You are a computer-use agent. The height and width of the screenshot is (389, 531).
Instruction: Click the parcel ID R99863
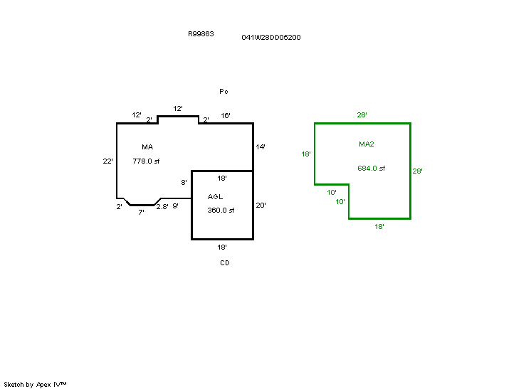[201, 33]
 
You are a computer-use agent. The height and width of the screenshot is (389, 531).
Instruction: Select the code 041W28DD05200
[271, 37]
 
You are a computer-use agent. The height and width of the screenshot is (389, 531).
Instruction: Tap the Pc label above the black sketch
[224, 92]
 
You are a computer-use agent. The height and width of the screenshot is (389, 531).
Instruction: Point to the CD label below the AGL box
[224, 262]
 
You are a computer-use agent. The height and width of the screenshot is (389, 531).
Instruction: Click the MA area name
[147, 146]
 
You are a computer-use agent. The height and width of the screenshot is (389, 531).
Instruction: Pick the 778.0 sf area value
[146, 161]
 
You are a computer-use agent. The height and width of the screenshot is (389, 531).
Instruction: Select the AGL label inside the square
[216, 196]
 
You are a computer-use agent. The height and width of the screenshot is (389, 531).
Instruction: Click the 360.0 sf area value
[221, 210]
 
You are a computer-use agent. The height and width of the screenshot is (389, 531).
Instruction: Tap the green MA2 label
[367, 144]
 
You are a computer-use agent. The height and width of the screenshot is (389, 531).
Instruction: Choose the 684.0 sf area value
[371, 169]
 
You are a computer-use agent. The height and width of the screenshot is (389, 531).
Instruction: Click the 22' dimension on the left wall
[108, 161]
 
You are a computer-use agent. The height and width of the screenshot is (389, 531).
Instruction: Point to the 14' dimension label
[261, 146]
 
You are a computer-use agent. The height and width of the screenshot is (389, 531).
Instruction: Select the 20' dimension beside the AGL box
[261, 205]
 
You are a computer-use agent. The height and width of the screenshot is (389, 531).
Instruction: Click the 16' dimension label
[226, 115]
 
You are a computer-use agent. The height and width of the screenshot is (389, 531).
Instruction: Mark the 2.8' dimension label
[162, 206]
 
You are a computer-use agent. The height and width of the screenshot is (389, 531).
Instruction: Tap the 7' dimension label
[141, 212]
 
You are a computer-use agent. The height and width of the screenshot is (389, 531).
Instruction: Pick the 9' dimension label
[175, 206]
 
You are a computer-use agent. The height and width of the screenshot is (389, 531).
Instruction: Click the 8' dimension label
[184, 183]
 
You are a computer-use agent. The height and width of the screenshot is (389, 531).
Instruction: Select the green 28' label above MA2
[362, 114]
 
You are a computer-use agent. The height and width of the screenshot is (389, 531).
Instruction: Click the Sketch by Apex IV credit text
[35, 384]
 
